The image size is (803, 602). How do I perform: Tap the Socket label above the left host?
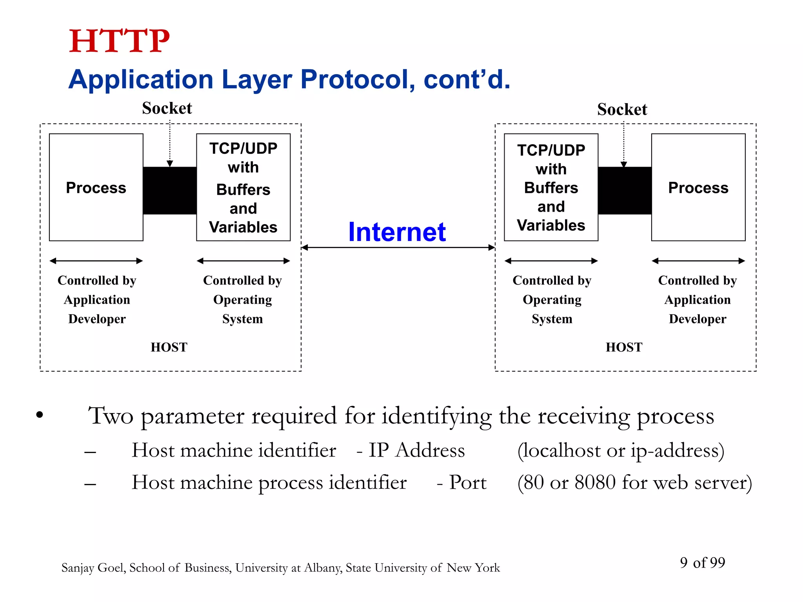167,108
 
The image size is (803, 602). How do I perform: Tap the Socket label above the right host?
622,109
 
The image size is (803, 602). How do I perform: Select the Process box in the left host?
96,187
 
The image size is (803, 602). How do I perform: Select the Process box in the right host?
698,187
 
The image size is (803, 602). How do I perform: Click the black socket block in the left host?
170,191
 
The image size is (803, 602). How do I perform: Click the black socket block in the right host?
625,191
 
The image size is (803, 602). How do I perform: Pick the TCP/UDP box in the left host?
243,187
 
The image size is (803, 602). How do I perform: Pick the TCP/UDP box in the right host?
551,187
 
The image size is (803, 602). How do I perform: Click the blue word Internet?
397,232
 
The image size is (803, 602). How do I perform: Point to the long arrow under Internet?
398,247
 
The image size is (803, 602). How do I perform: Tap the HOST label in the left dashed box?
169,347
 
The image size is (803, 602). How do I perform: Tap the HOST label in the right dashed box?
624,347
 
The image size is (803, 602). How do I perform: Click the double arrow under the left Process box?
96,261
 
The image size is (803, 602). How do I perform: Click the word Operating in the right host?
552,300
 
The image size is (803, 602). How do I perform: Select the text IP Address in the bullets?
416,450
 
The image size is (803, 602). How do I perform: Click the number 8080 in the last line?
595,482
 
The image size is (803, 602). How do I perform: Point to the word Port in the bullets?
468,482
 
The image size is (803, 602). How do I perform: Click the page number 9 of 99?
702,563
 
